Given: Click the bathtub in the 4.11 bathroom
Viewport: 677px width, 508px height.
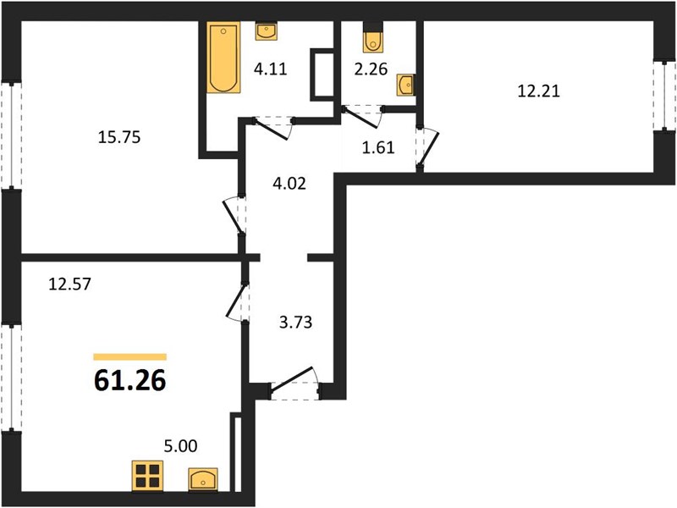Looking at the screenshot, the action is [223, 58].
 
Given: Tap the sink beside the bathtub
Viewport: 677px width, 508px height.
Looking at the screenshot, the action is [266, 31].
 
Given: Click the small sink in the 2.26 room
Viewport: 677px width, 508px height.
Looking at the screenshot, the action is [406, 85].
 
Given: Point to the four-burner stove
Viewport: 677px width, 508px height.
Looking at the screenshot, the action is [147, 476].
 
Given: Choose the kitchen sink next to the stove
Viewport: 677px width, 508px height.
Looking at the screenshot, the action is [203, 479].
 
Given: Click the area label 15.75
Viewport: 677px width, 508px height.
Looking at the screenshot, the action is [119, 137].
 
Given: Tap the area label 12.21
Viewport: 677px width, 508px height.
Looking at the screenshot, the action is [539, 91].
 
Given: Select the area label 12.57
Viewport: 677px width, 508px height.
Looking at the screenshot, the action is [70, 284].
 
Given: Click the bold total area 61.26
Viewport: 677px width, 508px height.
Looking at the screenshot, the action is [130, 380].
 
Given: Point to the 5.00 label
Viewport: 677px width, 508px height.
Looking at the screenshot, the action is [181, 446].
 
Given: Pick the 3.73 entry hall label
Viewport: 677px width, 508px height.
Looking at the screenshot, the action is [295, 323].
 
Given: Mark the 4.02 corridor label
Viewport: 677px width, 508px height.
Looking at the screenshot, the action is [289, 184].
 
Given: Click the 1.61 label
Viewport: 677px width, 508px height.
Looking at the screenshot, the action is [378, 147].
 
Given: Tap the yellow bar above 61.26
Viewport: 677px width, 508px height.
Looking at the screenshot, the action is [130, 356].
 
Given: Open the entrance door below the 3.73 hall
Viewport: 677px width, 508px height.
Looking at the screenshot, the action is [294, 384].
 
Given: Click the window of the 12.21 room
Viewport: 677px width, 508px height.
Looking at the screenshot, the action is [664, 96].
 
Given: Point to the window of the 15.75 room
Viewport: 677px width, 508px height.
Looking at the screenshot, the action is [11, 135].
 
